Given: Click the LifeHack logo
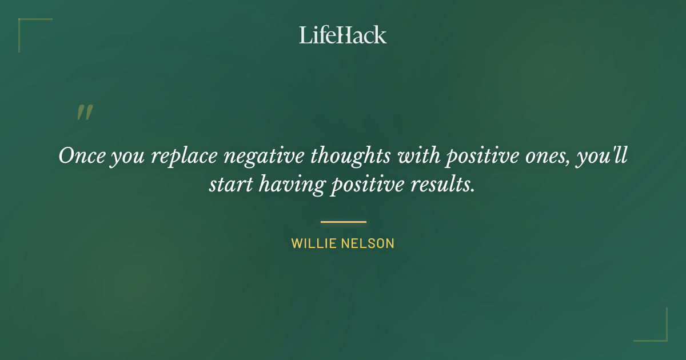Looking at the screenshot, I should coord(343,35).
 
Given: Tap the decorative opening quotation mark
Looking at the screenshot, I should coord(85,113).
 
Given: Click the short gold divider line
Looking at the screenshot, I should coord(343,222).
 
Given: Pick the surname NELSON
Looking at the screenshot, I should coord(369,243).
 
